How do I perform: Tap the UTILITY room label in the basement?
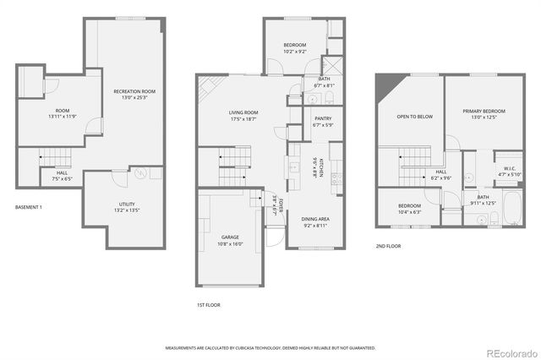coord(125,205)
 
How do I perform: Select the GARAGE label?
coord(231,237)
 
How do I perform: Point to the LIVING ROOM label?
coord(243,112)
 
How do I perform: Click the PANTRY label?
coord(322,119)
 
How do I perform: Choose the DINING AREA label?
coord(316,220)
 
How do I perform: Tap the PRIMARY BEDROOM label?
coord(484,112)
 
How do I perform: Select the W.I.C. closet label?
coord(510,168)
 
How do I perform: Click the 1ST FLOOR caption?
coord(208,304)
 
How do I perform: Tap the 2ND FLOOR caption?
coord(388,246)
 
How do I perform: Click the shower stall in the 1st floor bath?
coord(334,66)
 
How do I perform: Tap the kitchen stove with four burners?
coord(336,178)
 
